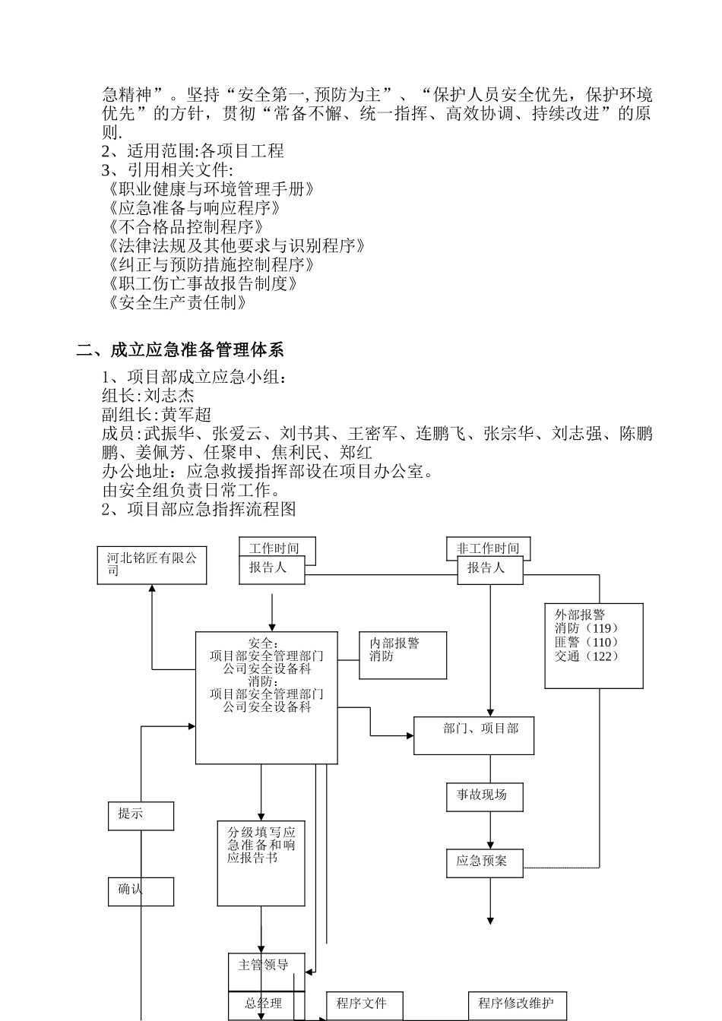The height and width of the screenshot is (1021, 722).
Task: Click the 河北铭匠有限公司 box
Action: point(152,565)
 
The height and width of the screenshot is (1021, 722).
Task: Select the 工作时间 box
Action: point(277,548)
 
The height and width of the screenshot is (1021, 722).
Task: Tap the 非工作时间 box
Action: point(488,548)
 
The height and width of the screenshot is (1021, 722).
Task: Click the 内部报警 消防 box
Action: point(403,656)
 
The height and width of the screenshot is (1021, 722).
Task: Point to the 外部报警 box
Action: point(594,646)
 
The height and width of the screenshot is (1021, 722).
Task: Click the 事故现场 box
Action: point(484,796)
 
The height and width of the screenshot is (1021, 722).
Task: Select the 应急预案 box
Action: point(484,863)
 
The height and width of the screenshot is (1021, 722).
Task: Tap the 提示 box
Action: point(141,816)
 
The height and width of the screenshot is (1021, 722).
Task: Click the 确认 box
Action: point(141,891)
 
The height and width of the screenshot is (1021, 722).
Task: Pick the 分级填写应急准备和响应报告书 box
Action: point(261,863)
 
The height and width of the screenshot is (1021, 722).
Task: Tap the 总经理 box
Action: point(266,1005)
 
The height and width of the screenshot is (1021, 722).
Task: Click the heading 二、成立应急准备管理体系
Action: point(180,350)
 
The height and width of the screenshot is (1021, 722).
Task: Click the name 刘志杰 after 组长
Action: point(169,396)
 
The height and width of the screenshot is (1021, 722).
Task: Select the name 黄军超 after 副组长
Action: point(186,415)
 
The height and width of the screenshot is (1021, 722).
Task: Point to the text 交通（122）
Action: point(587,656)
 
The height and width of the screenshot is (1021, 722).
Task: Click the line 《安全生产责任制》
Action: point(179,302)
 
